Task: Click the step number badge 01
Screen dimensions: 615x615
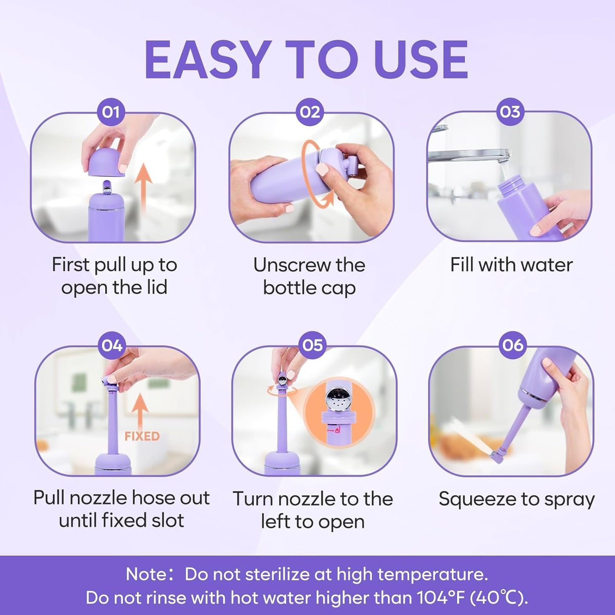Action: pyautogui.click(x=111, y=112)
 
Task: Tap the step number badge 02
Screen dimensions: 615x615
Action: pyautogui.click(x=309, y=112)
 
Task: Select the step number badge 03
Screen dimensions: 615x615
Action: pyautogui.click(x=509, y=112)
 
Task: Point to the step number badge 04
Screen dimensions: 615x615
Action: pyautogui.click(x=112, y=346)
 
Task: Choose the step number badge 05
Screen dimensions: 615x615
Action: pyautogui.click(x=312, y=346)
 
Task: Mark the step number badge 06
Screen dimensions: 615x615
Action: pyautogui.click(x=512, y=345)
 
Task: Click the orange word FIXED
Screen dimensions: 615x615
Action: pyautogui.click(x=142, y=436)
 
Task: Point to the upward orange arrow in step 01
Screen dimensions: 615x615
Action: pyautogui.click(x=146, y=187)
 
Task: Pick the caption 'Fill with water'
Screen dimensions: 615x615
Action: pyautogui.click(x=511, y=265)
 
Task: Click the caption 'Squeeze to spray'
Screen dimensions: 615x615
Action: pyautogui.click(x=516, y=499)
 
